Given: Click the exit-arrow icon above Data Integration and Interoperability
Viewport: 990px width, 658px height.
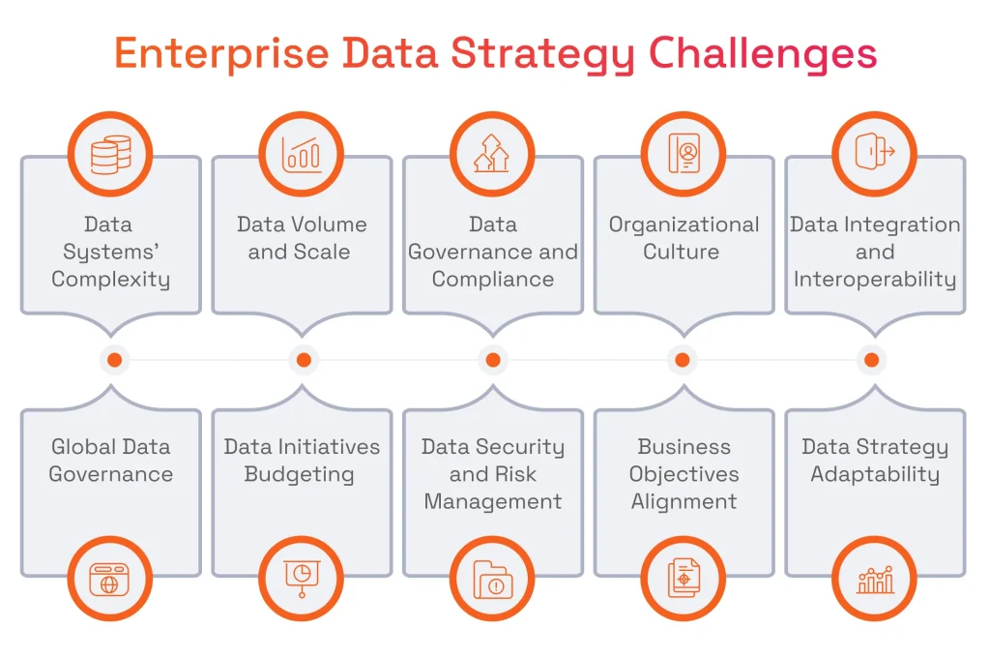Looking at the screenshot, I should (874, 153).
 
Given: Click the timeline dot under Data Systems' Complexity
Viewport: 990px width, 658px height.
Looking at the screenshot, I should (114, 360).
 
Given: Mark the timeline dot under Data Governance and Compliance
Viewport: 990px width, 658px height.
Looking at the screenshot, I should (492, 360).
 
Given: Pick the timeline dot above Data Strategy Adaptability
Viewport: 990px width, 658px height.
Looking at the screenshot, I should (871, 360).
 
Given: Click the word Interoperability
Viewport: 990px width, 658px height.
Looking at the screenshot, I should (874, 280).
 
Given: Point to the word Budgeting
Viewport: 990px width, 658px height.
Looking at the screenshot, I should (299, 475).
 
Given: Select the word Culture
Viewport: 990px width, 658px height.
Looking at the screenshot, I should (682, 253).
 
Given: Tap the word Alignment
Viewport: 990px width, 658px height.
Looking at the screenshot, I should (684, 502).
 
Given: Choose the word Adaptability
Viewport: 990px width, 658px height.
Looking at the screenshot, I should (874, 475).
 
